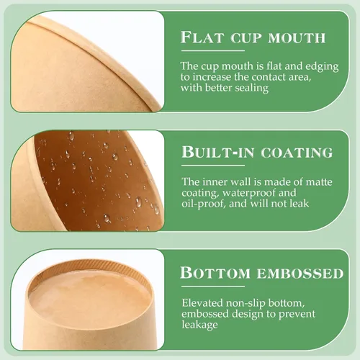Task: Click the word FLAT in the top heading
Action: click(202, 37)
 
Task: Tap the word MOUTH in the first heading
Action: click(297, 38)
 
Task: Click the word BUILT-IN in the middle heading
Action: click(217, 152)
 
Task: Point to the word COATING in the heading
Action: click(297, 153)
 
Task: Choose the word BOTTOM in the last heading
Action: click(215, 273)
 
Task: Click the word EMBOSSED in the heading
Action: click(300, 274)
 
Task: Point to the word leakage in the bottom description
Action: click(199, 325)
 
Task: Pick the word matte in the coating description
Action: click(319, 182)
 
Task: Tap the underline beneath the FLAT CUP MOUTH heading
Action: click(213, 50)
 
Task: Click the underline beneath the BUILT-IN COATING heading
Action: click(213, 166)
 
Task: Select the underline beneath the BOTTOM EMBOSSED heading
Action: click(213, 287)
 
